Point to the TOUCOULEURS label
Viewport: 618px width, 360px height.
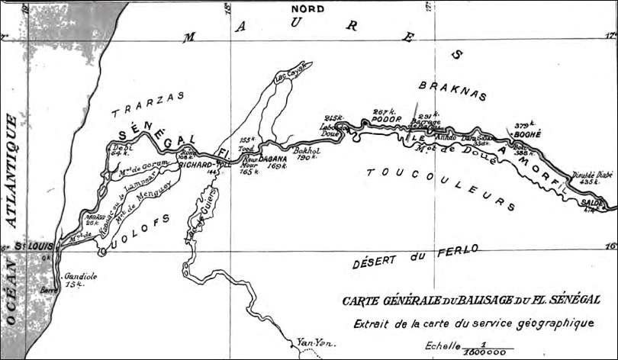coord(440,186)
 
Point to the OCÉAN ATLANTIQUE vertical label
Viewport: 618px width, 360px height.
coord(12,221)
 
